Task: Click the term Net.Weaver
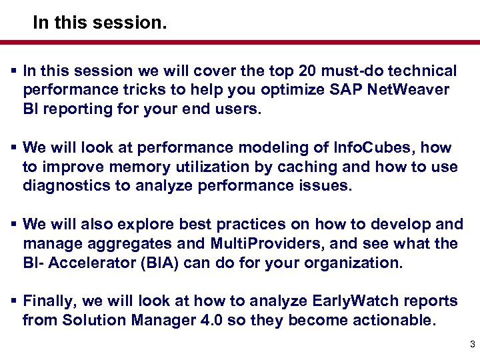(412, 89)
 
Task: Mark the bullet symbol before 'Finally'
(13, 301)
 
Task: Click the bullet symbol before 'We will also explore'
(13, 225)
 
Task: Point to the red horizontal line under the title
(240, 42)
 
